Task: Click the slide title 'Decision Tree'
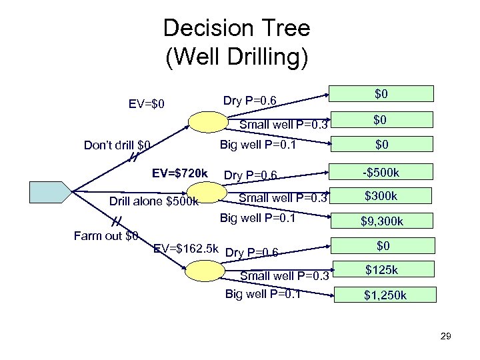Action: [236, 29]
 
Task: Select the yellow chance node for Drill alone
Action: [207, 198]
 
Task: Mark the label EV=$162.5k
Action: [186, 249]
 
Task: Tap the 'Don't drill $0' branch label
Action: [117, 144]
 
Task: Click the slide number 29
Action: [445, 336]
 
